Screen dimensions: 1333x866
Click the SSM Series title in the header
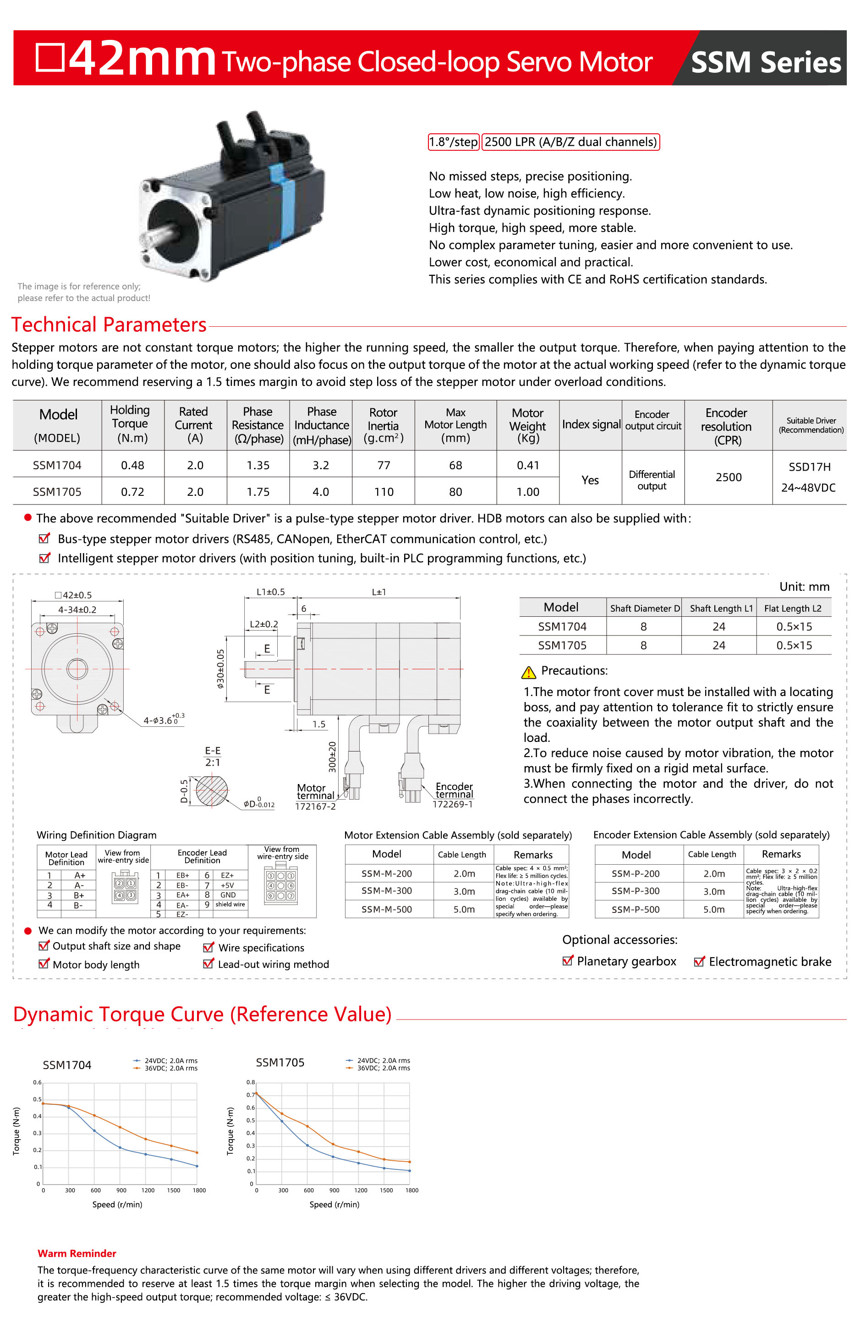[x=765, y=62]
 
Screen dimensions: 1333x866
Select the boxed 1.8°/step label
[x=453, y=142]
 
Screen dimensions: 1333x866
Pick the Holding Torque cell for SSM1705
[x=132, y=492]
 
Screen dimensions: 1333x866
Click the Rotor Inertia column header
[x=383, y=425]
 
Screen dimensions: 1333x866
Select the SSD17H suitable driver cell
[x=809, y=467]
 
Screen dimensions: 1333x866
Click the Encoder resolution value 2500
[x=728, y=477]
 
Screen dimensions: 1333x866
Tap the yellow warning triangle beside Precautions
[x=528, y=672]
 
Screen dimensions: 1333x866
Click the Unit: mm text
[x=804, y=587]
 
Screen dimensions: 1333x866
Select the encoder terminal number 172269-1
[x=453, y=804]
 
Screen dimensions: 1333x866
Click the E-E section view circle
[x=211, y=791]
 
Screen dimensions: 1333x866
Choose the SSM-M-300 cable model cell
[x=387, y=890]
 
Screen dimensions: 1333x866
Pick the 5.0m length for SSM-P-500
[x=713, y=909]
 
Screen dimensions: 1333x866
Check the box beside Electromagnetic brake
[x=698, y=962]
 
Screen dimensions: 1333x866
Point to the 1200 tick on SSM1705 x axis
[x=361, y=1190]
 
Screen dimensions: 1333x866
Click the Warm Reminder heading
[x=77, y=1253]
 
